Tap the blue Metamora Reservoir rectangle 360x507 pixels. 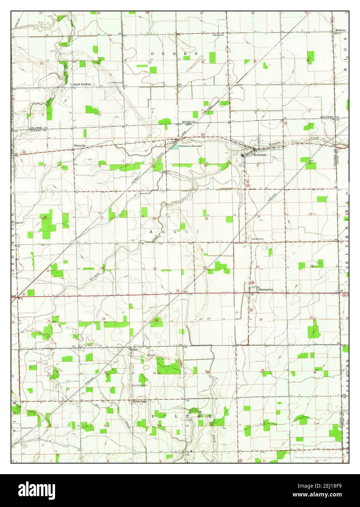(x=175, y=146)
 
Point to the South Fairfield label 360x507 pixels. (x=82, y=84)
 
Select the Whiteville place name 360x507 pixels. (x=80, y=146)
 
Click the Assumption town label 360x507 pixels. (x=266, y=290)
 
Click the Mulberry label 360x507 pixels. (x=340, y=30)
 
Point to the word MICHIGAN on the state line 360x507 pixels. (x=189, y=121)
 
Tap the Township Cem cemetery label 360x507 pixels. (x=257, y=239)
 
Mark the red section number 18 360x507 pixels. (x=45, y=217)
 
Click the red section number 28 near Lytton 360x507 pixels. (x=156, y=320)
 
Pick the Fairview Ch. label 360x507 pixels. (x=220, y=35)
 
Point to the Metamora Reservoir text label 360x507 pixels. (x=190, y=146)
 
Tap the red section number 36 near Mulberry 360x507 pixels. (x=308, y=60)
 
